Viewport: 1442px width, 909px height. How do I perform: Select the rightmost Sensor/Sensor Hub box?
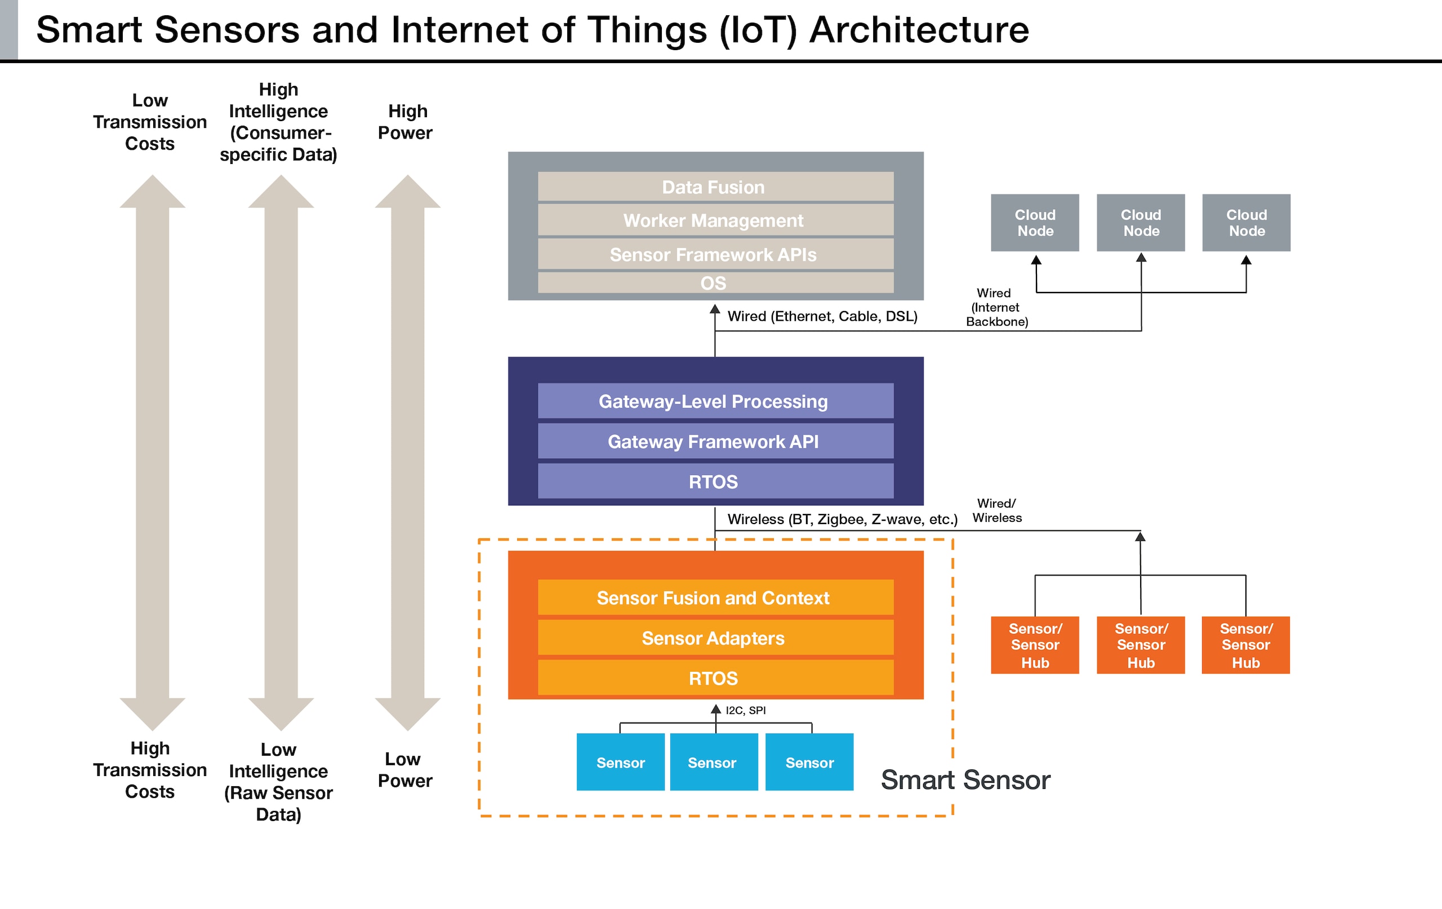[x=1245, y=645]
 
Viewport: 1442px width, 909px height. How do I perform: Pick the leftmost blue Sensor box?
[x=620, y=762]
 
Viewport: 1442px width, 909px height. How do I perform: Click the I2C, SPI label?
[x=746, y=711]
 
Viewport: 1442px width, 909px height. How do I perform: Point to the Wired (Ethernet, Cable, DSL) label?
[x=822, y=316]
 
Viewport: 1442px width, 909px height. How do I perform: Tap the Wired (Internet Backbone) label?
[x=996, y=307]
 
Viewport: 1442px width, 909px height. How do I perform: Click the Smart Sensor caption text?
[x=965, y=780]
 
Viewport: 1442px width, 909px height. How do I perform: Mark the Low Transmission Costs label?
[x=150, y=122]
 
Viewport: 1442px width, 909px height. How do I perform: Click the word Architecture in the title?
[x=919, y=30]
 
